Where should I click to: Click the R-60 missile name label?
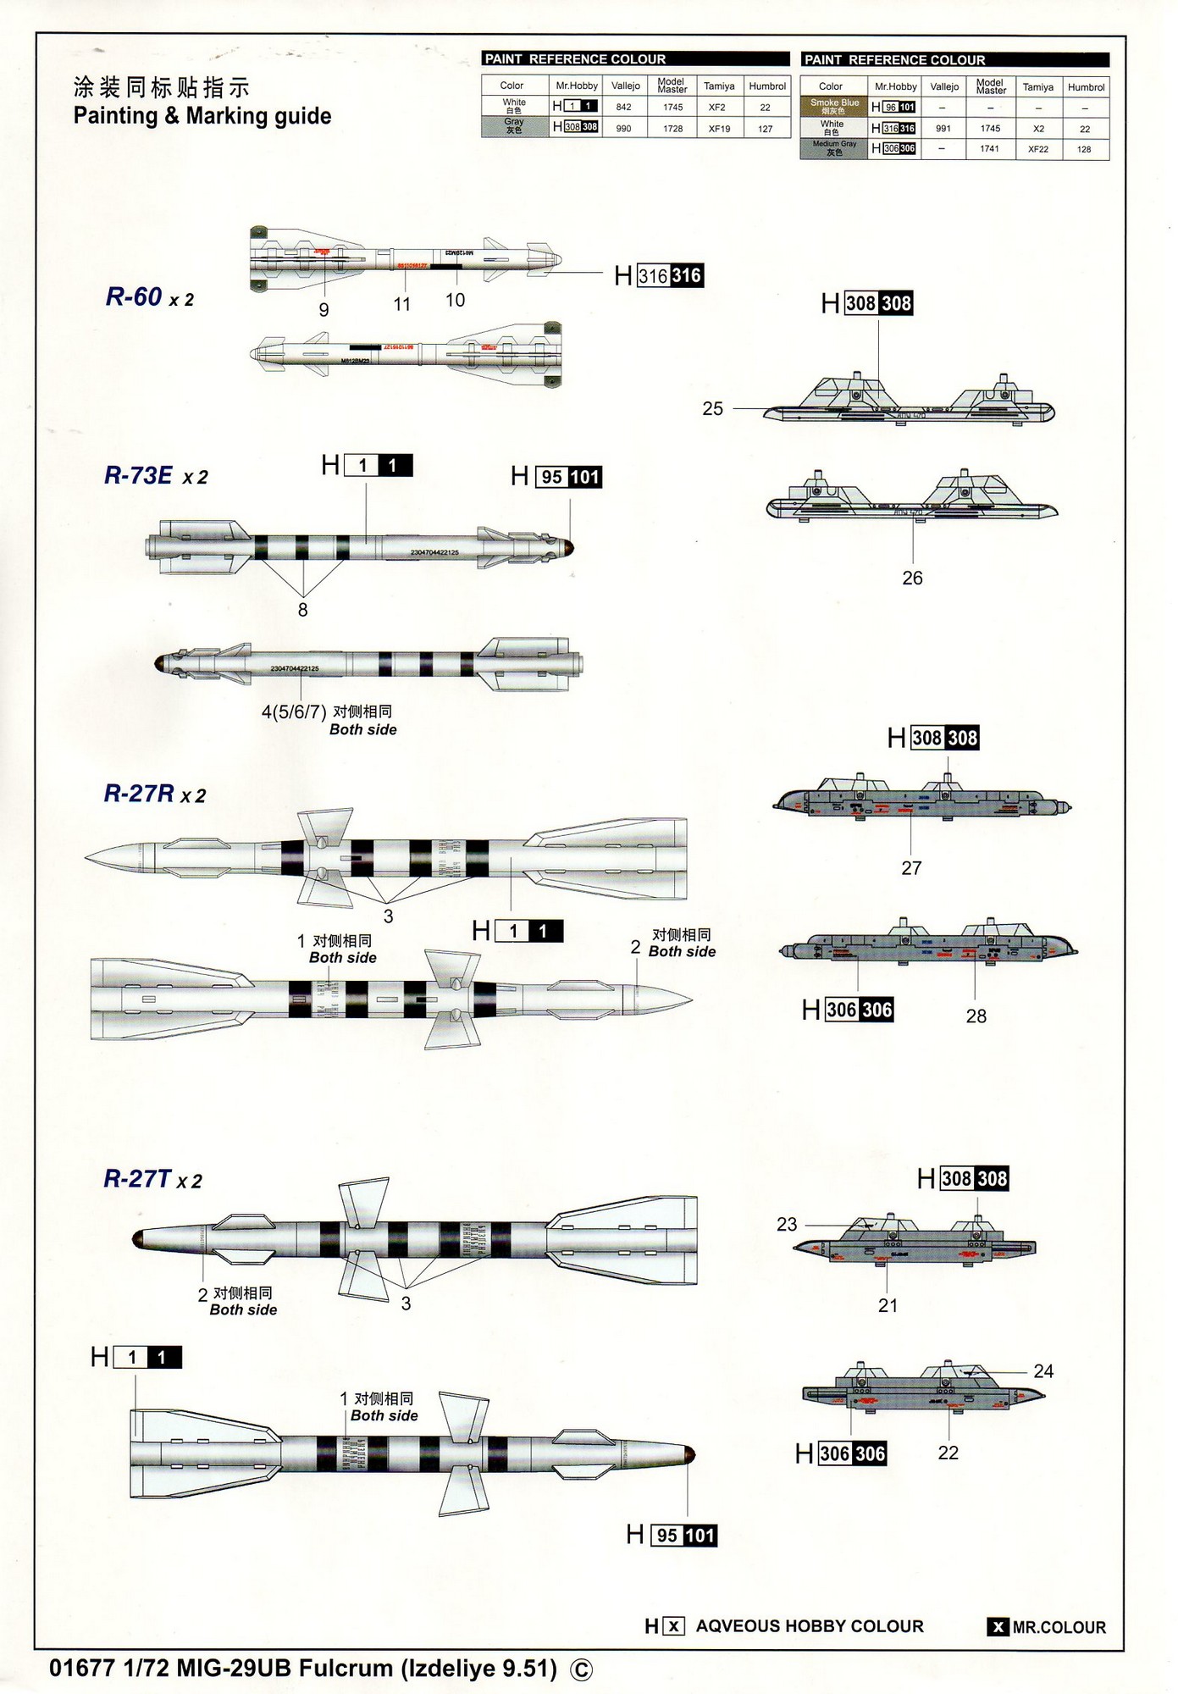pyautogui.click(x=134, y=297)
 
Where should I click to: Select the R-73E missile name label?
pyautogui.click(x=138, y=476)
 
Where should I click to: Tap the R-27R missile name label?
pyautogui.click(x=139, y=794)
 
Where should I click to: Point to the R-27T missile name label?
pyautogui.click(x=137, y=1179)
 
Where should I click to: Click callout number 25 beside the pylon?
pyautogui.click(x=713, y=409)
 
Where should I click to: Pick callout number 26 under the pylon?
pyautogui.click(x=912, y=578)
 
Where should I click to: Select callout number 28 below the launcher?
pyautogui.click(x=976, y=1016)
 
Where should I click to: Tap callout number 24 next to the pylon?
pyautogui.click(x=1043, y=1370)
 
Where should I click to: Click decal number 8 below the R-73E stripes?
pyautogui.click(x=302, y=610)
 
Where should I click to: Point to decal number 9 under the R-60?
pyautogui.click(x=324, y=310)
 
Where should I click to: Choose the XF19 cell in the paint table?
pyautogui.click(x=719, y=129)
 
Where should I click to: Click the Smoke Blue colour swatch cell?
pyautogui.click(x=834, y=107)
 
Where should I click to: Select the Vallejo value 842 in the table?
pyautogui.click(x=624, y=108)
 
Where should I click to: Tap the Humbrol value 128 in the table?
pyautogui.click(x=1084, y=150)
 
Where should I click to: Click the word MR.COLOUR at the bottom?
pyautogui.click(x=1059, y=1627)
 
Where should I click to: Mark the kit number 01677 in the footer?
pyautogui.click(x=82, y=1668)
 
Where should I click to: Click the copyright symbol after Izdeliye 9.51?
pyautogui.click(x=582, y=1669)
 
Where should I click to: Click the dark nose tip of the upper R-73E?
pyautogui.click(x=568, y=548)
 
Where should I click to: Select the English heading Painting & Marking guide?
pyautogui.click(x=202, y=116)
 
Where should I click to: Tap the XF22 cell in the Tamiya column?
pyautogui.click(x=1037, y=150)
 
